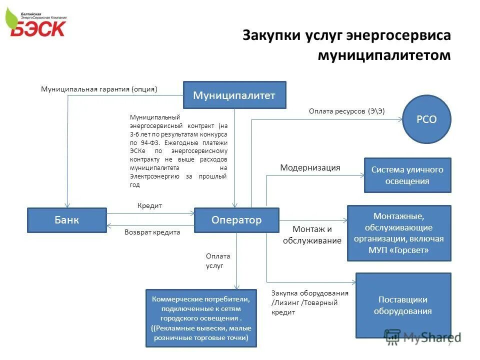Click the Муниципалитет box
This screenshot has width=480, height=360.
[234, 95]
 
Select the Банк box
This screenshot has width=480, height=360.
[66, 220]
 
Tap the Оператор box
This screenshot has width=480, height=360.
[236, 220]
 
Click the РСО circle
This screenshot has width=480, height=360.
[426, 119]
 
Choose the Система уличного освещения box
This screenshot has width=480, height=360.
[407, 175]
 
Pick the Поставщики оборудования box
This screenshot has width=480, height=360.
[403, 305]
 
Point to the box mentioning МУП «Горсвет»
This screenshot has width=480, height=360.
[398, 233]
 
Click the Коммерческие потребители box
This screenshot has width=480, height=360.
[201, 318]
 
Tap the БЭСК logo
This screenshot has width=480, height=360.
[37, 23]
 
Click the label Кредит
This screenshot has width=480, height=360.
[149, 206]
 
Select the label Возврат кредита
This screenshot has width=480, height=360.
[152, 232]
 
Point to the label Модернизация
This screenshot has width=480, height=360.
[310, 168]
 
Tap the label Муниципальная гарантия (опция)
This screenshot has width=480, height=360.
[98, 89]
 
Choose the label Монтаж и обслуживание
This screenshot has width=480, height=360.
[312, 235]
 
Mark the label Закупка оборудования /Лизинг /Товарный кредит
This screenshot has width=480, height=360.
[309, 303]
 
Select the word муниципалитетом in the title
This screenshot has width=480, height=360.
[384, 54]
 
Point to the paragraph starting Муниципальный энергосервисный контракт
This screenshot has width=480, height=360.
[178, 150]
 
